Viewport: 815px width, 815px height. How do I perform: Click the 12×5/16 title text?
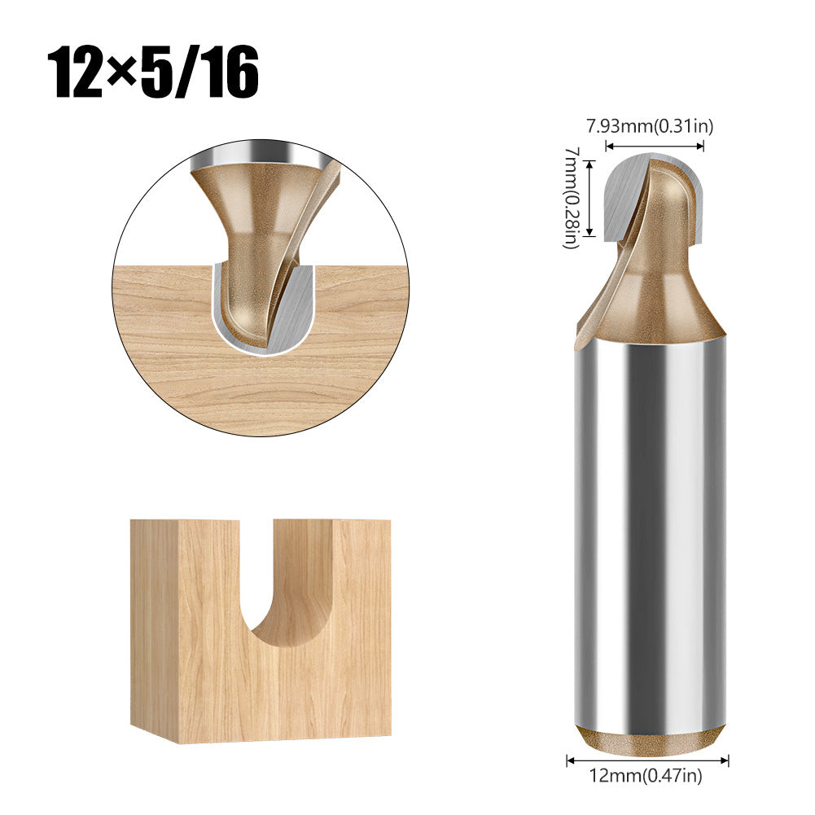pos(153,72)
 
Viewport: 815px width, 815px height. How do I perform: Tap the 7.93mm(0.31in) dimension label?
pos(651,126)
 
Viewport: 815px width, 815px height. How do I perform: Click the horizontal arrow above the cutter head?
pos(655,147)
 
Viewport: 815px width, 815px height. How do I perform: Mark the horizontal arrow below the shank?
pos(647,759)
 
